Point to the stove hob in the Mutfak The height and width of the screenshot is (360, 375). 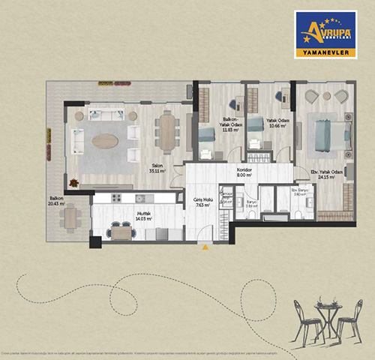click(116, 198)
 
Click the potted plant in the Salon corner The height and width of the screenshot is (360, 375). click(73, 182)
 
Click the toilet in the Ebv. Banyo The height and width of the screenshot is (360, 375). click(298, 214)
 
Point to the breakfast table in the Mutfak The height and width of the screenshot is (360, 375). click(121, 232)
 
